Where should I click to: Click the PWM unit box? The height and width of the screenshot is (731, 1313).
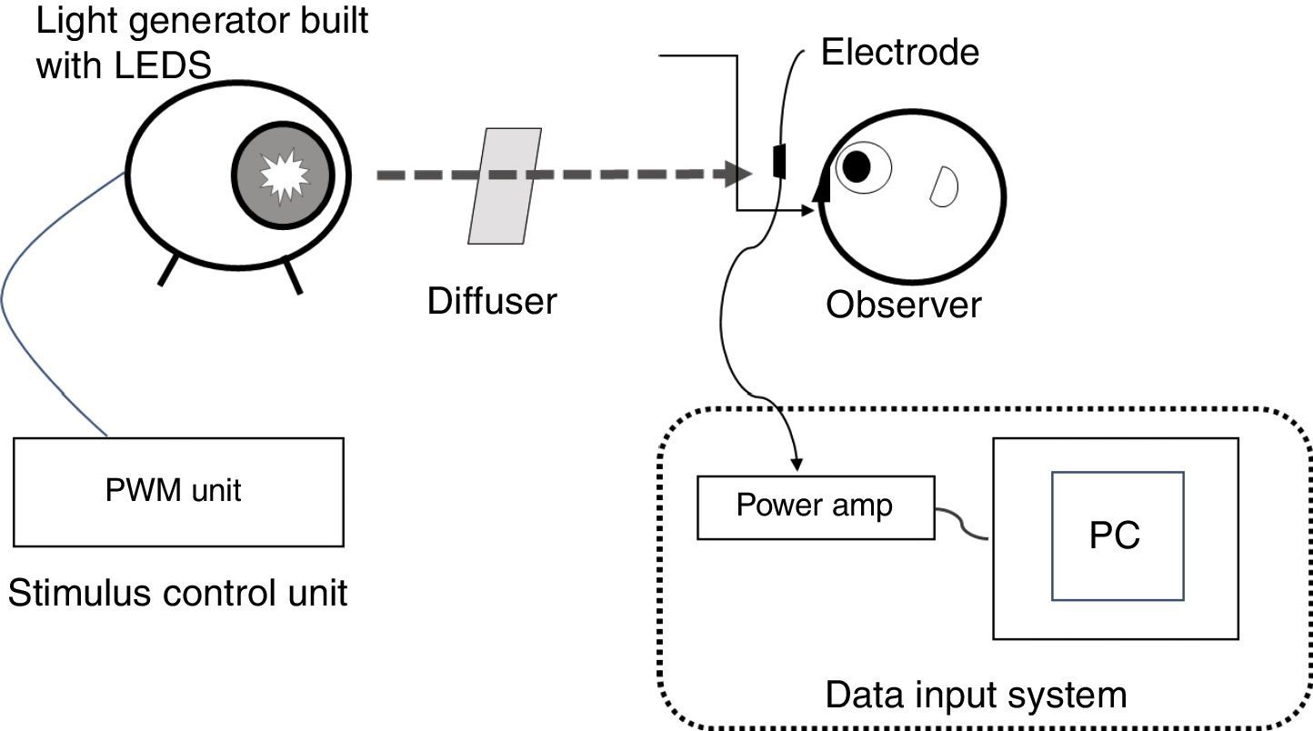click(178, 492)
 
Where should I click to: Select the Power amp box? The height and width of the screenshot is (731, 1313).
click(815, 506)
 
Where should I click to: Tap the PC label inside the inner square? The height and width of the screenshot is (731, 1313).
click(1116, 536)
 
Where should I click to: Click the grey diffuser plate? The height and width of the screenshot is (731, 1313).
click(505, 186)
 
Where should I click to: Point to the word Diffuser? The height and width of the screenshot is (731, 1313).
click(492, 301)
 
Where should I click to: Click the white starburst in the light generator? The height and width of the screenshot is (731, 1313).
click(286, 175)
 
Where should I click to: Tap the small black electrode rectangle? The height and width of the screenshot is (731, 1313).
click(779, 161)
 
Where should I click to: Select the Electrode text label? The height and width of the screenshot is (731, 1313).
click(899, 53)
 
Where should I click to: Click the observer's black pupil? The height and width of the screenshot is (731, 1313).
click(856, 165)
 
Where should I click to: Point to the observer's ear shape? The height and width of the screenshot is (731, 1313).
click(944, 185)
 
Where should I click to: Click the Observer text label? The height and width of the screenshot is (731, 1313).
click(903, 305)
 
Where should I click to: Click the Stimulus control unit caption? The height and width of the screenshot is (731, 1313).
click(178, 593)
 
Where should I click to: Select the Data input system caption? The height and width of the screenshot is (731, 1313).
click(976, 696)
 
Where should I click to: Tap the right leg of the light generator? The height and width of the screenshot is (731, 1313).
click(293, 276)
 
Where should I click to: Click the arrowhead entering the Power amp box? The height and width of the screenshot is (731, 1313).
click(797, 465)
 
